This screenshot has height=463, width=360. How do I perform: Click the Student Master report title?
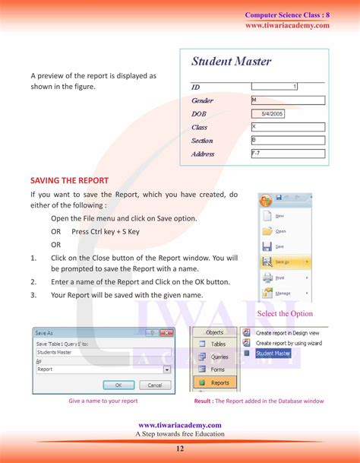231,62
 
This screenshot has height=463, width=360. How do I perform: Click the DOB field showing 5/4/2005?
272,113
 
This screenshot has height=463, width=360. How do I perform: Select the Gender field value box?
287,100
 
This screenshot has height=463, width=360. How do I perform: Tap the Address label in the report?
203,154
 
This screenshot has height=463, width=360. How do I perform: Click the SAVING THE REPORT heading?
69,180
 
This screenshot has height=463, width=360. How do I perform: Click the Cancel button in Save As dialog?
154,385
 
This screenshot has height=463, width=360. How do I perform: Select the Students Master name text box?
103,352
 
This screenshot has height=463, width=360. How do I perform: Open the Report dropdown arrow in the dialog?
167,369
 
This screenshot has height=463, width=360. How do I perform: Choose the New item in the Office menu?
280,215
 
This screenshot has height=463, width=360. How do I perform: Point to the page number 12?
179,448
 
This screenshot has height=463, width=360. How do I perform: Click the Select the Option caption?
285,314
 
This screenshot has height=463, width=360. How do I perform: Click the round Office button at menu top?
265,201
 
